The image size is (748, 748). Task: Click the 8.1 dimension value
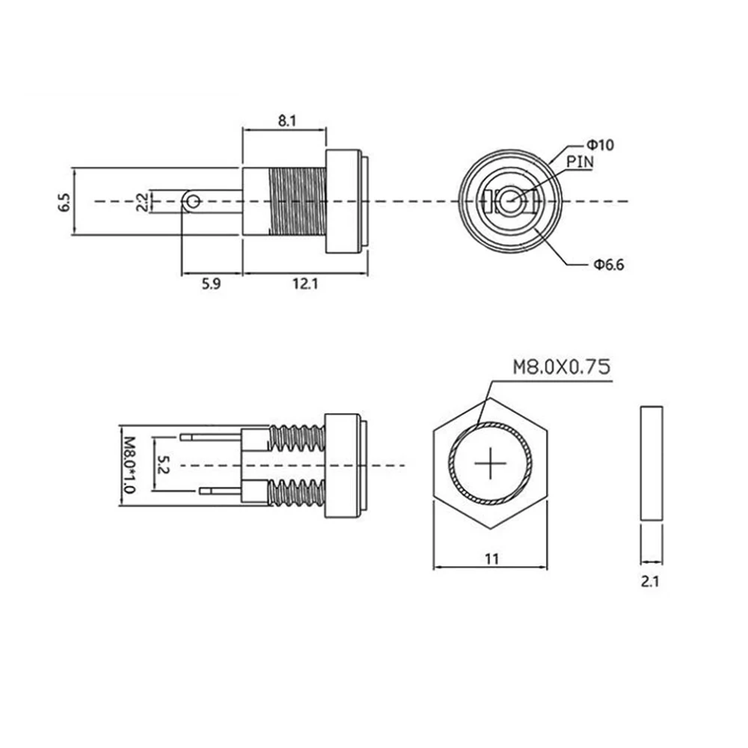287,120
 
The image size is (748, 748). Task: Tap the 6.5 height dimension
64,202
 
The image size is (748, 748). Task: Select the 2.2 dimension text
142,202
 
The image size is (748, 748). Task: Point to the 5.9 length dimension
212,283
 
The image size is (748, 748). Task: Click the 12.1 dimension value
305,283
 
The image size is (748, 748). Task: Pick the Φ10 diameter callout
600,144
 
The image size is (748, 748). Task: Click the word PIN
580,162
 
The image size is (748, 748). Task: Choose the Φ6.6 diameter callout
609,264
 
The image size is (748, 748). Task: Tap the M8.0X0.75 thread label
562,367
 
